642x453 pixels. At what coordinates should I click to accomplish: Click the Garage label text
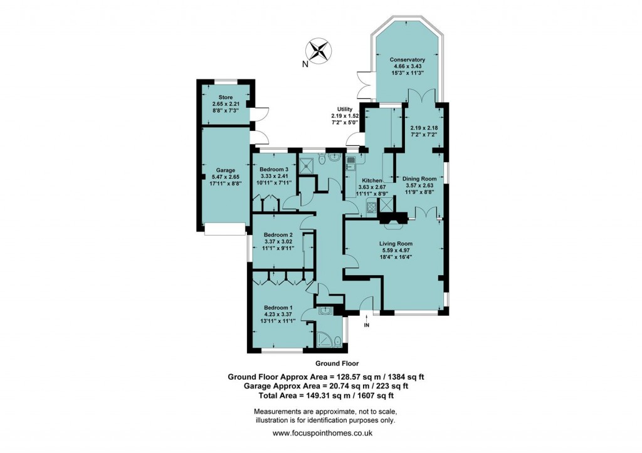coord(225,170)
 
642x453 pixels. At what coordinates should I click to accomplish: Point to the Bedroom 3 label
coord(273,169)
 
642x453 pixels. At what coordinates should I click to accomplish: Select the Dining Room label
coord(419,179)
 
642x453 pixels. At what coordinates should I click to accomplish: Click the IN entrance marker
coord(367,325)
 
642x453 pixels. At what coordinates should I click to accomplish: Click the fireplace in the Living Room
coord(393,219)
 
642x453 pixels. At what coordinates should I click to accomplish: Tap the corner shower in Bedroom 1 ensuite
coord(325,339)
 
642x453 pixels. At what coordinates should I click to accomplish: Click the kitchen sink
coord(350,165)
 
